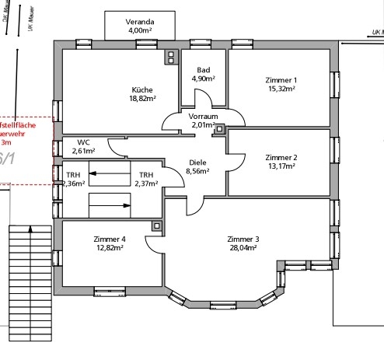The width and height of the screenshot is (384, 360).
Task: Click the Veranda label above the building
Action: click(139, 22)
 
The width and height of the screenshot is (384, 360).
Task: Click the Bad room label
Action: click(204, 70)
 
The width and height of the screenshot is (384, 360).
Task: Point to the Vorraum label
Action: click(203, 115)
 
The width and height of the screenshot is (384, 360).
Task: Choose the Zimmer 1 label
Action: click(281, 80)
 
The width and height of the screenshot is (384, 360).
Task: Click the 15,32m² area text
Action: click(281, 89)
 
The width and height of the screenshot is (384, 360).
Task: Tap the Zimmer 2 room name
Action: click(281, 156)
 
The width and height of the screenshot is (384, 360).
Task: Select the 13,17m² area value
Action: click(281, 165)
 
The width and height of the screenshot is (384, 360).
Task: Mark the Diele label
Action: click(197, 163)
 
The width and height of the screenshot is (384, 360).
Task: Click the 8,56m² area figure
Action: click(197, 172)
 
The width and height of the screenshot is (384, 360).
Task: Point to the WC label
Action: click(83, 142)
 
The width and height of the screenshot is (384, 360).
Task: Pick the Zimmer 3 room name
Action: click(243, 239)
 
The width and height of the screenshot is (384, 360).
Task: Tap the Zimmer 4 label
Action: click(111, 239)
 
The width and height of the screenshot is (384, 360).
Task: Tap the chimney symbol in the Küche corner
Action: click(171, 58)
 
